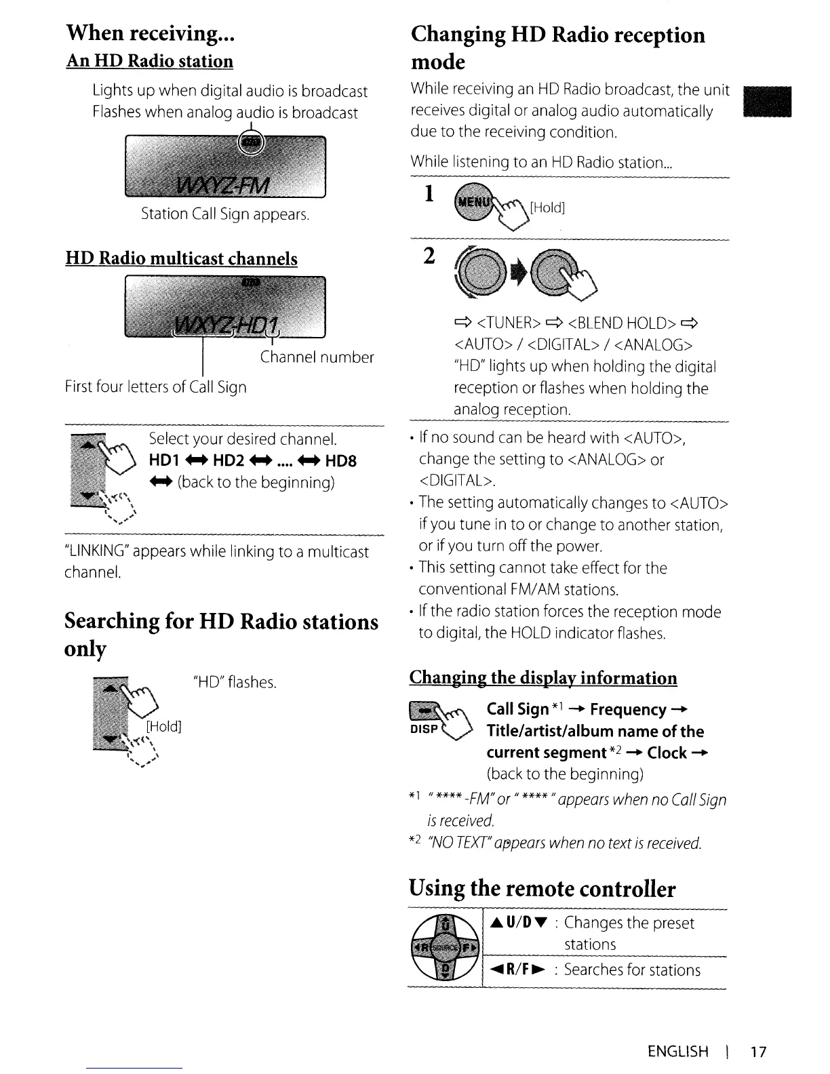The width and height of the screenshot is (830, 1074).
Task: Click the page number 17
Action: point(758,1052)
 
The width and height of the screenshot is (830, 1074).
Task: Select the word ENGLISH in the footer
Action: point(678,1052)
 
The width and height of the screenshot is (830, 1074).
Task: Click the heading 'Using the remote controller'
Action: point(542,888)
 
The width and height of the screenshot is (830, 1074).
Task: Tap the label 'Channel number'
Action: point(317,357)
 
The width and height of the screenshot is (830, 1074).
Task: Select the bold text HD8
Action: point(340,461)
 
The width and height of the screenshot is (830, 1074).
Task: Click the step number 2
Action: point(429,258)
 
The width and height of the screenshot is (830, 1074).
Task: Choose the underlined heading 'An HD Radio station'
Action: point(149,62)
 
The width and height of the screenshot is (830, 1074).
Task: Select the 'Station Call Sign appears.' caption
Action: point(224,214)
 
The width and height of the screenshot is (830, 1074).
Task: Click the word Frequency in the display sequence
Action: point(628,710)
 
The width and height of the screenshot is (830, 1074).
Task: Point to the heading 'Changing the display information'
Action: point(543,679)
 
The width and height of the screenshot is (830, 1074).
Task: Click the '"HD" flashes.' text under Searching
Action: point(235,682)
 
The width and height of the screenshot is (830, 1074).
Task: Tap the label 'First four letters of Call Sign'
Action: point(155,387)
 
